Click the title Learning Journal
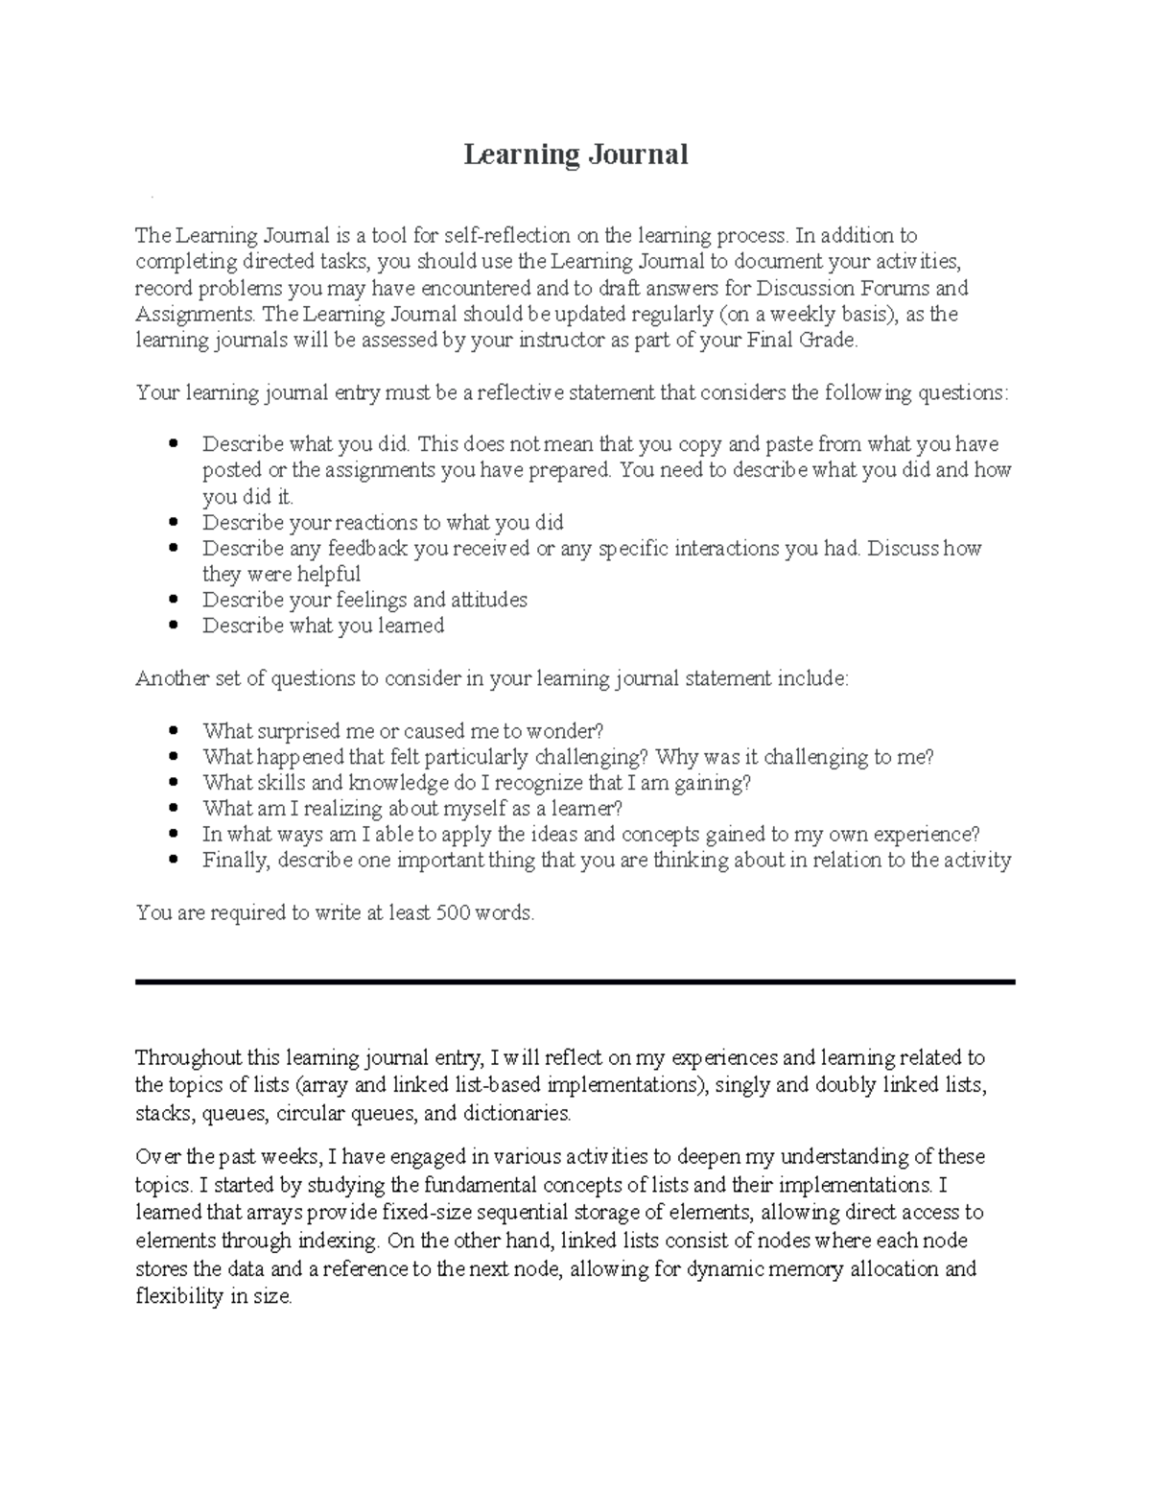point(575,154)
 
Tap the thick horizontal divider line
point(575,982)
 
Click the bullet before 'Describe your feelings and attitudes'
point(174,601)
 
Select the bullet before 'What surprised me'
point(174,732)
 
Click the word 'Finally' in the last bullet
point(236,861)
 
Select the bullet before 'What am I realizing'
point(174,810)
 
